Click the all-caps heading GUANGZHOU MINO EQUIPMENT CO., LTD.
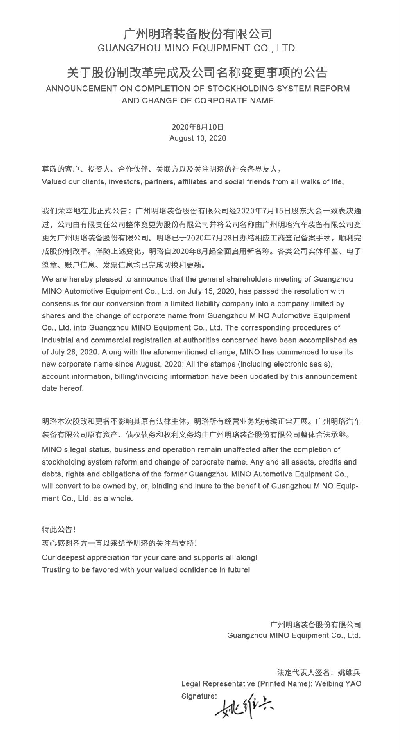197,49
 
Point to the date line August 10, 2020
197,138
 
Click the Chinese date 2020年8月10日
197,127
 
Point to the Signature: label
199,696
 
